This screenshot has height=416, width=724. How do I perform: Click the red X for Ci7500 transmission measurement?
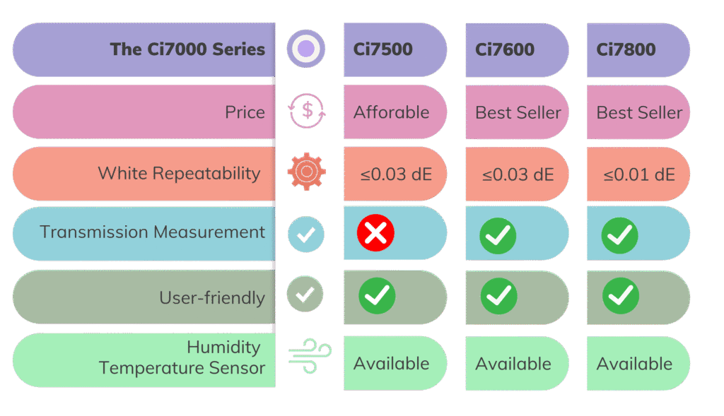(x=375, y=233)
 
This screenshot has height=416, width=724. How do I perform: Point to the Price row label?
(x=245, y=112)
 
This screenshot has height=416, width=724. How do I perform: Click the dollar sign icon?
(x=307, y=111)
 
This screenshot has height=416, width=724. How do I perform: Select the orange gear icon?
(x=307, y=172)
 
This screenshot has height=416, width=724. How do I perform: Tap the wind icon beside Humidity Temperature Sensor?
(x=310, y=356)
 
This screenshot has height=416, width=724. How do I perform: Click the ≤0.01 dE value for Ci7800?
(x=639, y=174)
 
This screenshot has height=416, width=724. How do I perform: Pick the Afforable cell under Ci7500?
(x=392, y=112)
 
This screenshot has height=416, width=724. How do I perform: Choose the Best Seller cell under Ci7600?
(x=518, y=112)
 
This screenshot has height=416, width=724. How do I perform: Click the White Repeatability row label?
(x=179, y=174)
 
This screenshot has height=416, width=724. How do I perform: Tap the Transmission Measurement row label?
(x=153, y=232)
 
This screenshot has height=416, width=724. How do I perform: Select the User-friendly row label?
(x=212, y=298)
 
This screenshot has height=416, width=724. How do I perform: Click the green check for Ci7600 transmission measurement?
(x=498, y=236)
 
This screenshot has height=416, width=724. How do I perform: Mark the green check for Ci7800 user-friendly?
(x=621, y=296)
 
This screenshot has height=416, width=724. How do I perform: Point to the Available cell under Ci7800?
(x=634, y=364)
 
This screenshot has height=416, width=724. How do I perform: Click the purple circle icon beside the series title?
(x=306, y=49)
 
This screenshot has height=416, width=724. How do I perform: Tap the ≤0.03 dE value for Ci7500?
(x=396, y=174)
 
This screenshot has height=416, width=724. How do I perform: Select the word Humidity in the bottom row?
(x=223, y=347)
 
